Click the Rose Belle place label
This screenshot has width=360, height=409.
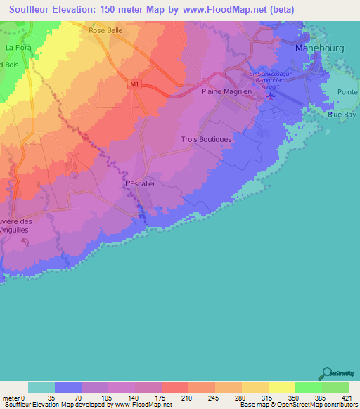106,30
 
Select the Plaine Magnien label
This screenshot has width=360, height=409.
226,91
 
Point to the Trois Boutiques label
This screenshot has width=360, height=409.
206,139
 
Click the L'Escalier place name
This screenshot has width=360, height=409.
139,184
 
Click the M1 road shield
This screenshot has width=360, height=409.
134,84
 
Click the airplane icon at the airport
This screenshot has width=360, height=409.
271,96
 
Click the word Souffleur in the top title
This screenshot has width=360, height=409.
31,10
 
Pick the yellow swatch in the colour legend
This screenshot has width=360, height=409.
281,387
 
